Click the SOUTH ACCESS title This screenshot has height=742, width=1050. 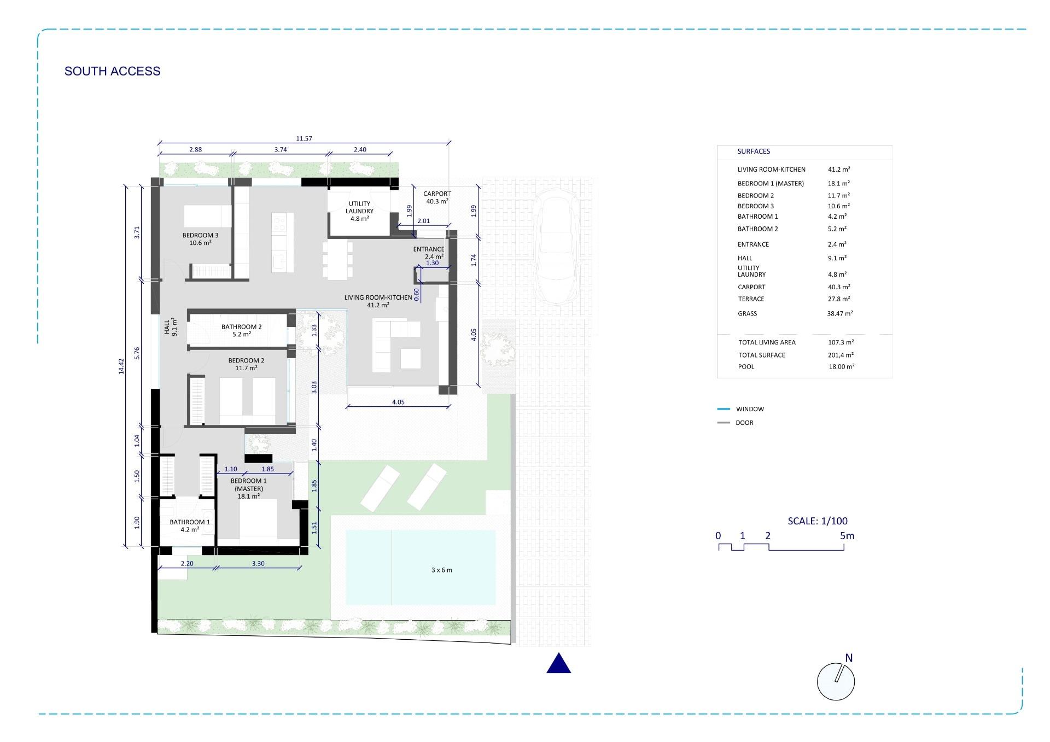point(112,71)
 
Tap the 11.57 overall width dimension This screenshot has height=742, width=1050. point(304,138)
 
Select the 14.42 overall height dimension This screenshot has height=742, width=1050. point(121,366)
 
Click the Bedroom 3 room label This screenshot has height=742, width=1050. point(200,239)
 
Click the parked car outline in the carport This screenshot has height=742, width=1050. point(556,246)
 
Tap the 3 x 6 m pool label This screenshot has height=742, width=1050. point(441,570)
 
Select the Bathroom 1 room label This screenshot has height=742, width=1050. point(189,525)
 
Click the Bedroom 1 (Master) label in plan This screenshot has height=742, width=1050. point(248,488)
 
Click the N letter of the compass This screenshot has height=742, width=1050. point(849,658)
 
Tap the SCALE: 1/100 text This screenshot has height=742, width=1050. point(818,521)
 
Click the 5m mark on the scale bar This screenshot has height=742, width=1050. point(847,536)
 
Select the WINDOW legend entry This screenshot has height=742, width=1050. point(749,409)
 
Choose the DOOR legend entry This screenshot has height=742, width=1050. point(744,423)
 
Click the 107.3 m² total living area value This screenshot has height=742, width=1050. point(841,342)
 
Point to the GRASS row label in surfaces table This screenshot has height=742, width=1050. point(747,313)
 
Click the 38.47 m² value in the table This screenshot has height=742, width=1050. point(840,313)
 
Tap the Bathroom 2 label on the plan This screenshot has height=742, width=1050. point(241,330)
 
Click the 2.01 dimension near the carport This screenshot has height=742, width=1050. point(423,221)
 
